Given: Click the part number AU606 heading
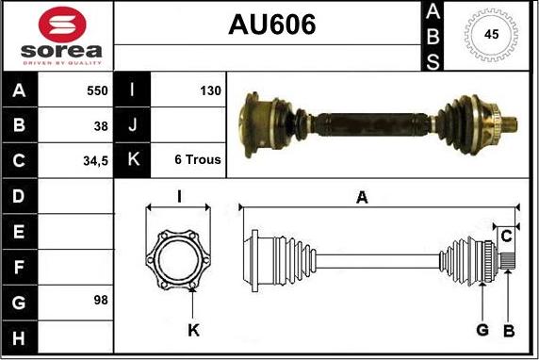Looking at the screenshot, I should [271, 25].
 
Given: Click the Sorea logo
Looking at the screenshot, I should [57, 36].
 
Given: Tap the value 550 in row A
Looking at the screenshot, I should [95, 91].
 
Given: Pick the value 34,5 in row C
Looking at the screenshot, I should [95, 160].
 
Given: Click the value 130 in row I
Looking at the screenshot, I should [210, 91].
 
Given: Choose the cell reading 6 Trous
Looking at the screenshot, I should [198, 160].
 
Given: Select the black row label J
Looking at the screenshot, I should [132, 125].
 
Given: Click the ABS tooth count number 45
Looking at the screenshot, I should [491, 35].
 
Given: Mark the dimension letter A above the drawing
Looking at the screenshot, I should [361, 196].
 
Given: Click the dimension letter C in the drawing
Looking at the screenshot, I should [506, 235].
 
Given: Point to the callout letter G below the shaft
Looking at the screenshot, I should [482, 329].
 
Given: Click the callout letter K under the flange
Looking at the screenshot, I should [193, 329].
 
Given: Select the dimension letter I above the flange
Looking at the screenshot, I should [180, 196].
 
